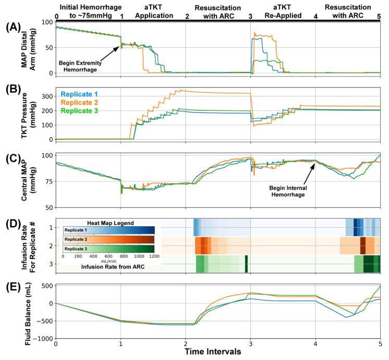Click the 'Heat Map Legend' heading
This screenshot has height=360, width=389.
(x=109, y=224)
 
